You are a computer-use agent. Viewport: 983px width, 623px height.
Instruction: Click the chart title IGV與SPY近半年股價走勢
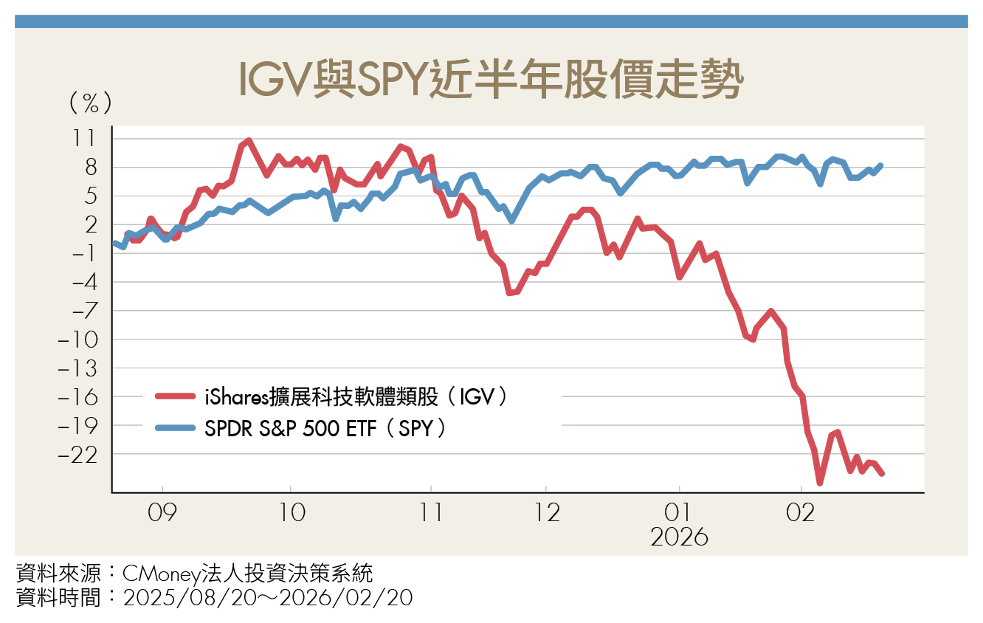click(490, 80)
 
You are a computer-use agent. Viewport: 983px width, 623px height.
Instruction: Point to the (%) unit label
click(90, 103)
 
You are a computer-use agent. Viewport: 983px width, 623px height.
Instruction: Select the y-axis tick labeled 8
click(90, 168)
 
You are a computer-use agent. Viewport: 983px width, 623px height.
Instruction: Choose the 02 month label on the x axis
click(801, 512)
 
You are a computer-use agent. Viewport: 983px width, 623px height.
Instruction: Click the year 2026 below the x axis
click(679, 537)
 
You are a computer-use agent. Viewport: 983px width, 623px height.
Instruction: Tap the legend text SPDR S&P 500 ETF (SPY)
click(325, 429)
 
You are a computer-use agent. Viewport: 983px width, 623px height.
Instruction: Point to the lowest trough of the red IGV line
click(820, 483)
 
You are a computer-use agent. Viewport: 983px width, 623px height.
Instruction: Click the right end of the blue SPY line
click(881, 165)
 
